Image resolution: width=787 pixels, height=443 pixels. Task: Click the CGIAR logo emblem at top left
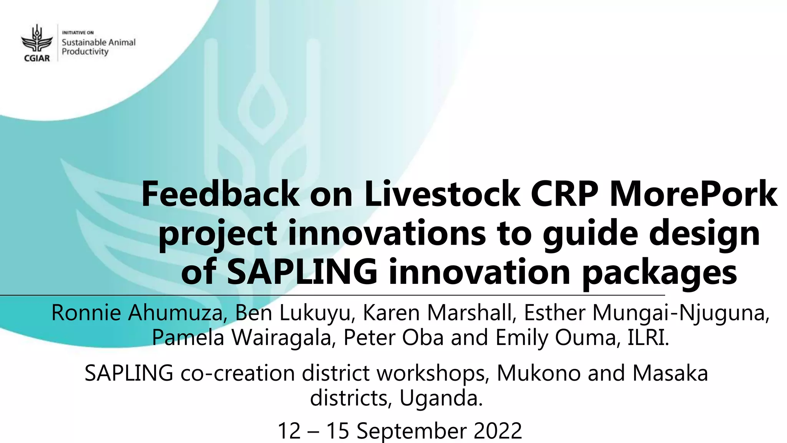pyautogui.click(x=37, y=38)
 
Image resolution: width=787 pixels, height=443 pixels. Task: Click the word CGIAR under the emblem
pyautogui.click(x=37, y=58)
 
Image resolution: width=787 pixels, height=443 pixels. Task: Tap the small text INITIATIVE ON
pyautogui.click(x=78, y=33)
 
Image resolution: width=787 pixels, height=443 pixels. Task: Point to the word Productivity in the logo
pyautogui.click(x=85, y=52)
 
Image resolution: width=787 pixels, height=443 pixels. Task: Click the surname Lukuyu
pyautogui.click(x=315, y=313)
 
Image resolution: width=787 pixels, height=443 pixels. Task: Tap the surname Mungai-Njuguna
pyautogui.click(x=680, y=313)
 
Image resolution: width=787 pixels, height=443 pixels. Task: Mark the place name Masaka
pyautogui.click(x=670, y=373)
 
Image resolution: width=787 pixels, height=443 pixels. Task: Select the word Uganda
pyautogui.click(x=441, y=398)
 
